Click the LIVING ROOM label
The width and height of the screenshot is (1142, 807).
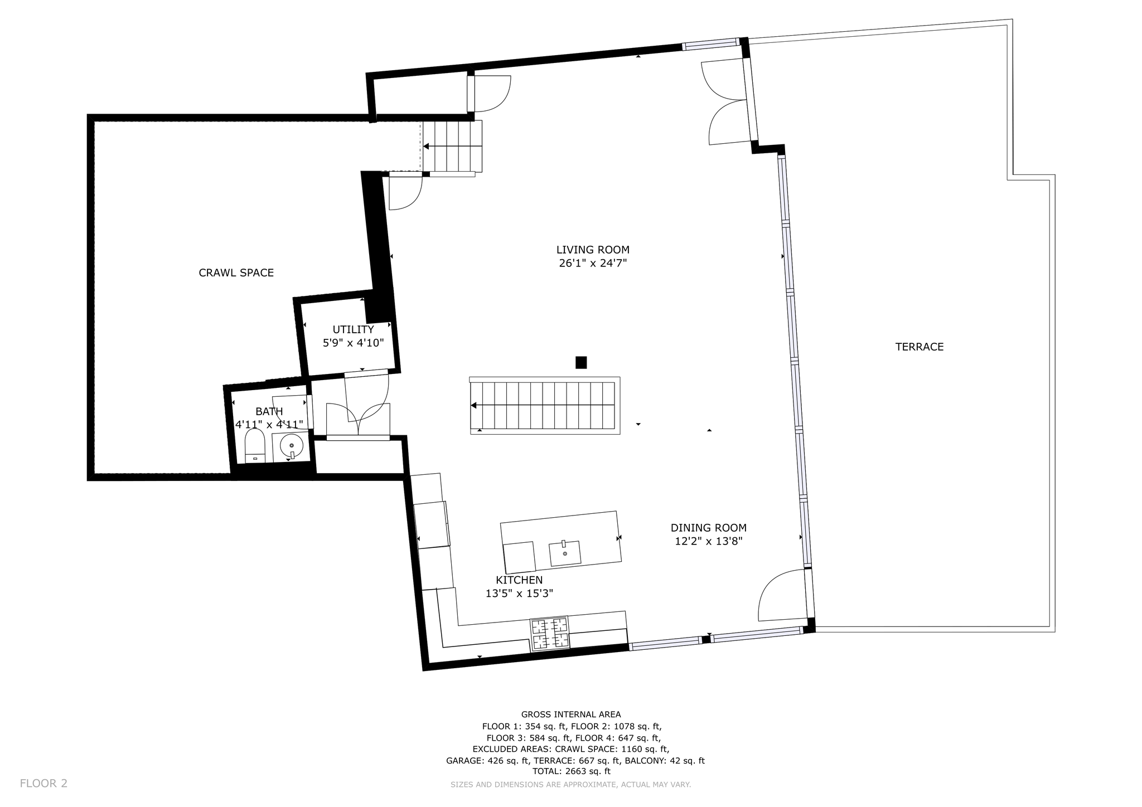click(593, 250)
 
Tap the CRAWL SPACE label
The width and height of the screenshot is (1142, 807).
click(236, 273)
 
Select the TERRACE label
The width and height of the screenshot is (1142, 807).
click(920, 347)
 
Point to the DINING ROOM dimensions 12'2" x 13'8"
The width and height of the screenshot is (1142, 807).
click(709, 541)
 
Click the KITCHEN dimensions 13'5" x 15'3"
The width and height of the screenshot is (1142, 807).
click(519, 594)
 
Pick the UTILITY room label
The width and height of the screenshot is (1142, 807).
click(353, 329)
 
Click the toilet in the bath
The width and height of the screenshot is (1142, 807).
click(255, 446)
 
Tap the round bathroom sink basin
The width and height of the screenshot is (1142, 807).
click(291, 445)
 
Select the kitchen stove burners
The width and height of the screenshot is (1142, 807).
click(550, 633)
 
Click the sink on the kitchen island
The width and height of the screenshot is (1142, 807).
click(565, 553)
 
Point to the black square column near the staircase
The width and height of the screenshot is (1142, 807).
click(581, 363)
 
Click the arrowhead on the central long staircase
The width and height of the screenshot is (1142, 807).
click(473, 405)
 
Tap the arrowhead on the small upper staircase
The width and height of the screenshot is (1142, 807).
click(426, 146)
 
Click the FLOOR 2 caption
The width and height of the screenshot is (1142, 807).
click(43, 784)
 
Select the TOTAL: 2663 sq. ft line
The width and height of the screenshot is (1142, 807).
click(571, 771)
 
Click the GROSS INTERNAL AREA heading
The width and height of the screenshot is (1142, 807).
click(571, 714)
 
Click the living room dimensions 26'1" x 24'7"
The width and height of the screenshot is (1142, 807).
click(593, 263)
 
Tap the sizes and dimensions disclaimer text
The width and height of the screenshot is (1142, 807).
click(571, 785)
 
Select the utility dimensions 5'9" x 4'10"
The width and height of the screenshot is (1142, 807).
click(354, 343)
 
